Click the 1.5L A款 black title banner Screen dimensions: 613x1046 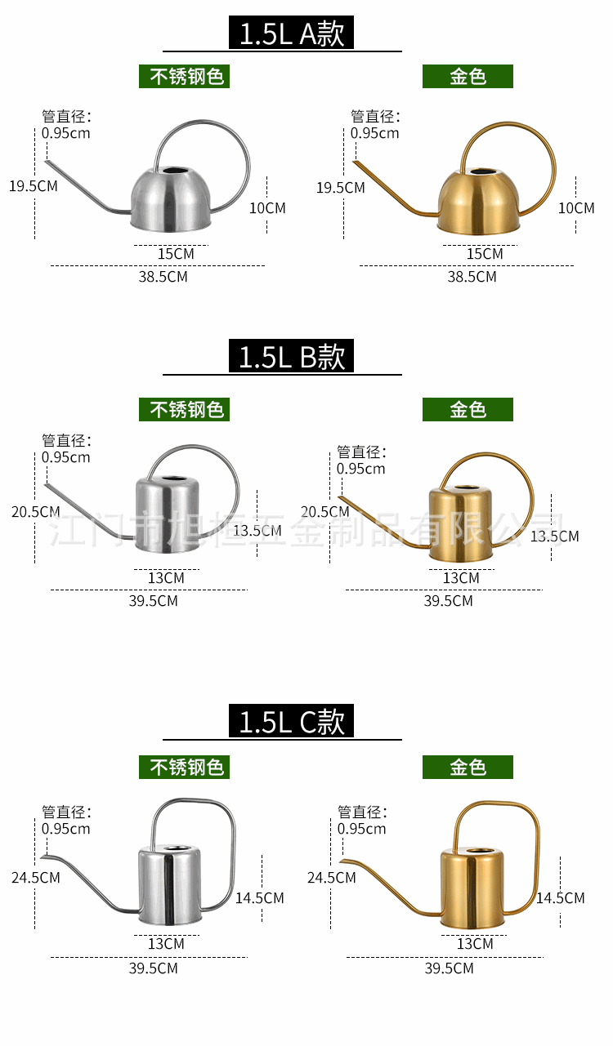point(292,34)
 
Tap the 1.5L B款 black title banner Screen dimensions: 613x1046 point(292,357)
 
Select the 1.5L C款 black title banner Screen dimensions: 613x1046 point(292,722)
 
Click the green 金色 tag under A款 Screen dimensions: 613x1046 point(468,77)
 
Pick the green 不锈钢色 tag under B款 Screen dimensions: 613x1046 point(184,409)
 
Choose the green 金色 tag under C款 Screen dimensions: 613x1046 point(468,768)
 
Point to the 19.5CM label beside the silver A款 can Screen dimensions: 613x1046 point(34,185)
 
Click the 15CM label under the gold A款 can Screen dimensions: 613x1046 point(485,254)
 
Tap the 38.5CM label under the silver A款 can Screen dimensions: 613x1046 point(163,277)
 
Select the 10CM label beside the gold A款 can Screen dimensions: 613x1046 point(576,208)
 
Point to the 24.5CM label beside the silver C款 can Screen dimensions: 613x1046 point(36,878)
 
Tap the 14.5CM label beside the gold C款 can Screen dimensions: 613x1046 point(561,898)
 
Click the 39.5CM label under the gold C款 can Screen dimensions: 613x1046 point(449,968)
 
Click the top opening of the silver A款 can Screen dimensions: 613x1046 point(173,172)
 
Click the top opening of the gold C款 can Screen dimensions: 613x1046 point(472,852)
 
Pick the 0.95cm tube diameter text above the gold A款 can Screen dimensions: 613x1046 point(375,133)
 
